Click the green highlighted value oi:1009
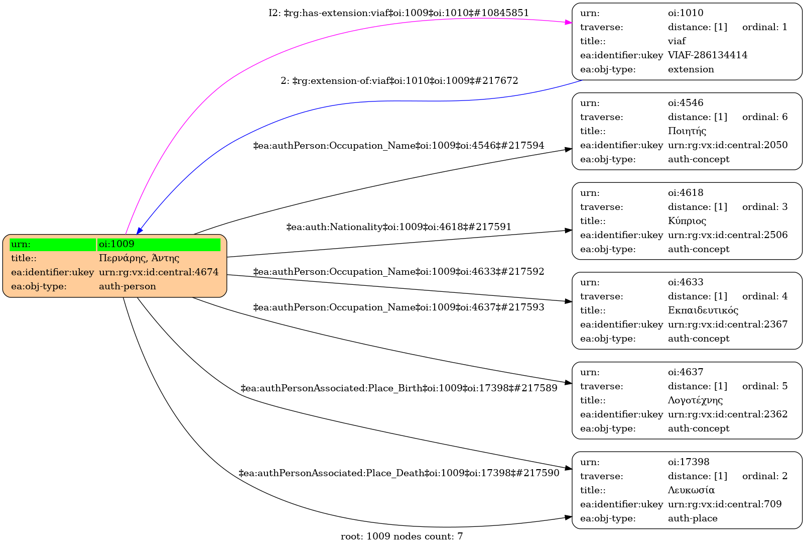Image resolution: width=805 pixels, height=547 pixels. (158, 244)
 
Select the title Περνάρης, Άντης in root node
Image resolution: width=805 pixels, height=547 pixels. (139, 258)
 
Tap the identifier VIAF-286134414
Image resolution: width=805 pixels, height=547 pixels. (707, 55)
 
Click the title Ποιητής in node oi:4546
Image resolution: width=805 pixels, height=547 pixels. (687, 131)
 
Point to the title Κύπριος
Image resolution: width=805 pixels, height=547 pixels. (687, 221)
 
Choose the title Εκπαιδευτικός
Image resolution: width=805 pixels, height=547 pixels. (703, 310)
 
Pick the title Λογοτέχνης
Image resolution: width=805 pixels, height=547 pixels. (695, 400)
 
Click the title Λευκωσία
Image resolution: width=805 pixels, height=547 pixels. (691, 490)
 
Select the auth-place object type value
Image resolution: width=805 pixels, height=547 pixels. (692, 518)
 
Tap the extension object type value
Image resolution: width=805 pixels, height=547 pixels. (691, 69)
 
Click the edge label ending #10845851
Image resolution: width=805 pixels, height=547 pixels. (398, 13)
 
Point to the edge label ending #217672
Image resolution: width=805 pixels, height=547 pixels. (399, 81)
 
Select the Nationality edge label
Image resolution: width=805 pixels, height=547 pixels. (398, 227)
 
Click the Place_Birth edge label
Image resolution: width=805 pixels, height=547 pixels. (398, 388)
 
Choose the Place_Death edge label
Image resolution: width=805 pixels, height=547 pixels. (398, 473)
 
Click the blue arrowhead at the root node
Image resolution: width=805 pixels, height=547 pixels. (139, 231)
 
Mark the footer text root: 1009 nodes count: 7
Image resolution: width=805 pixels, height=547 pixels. (401, 536)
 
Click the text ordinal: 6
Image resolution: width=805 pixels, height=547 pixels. (764, 117)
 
